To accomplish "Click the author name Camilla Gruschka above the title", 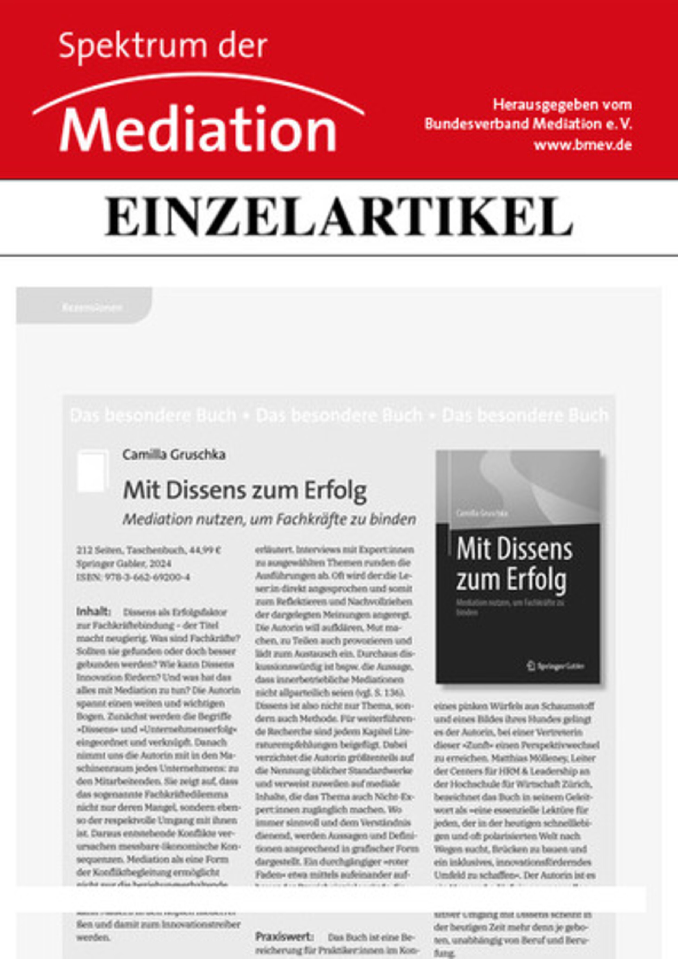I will coord(174,454).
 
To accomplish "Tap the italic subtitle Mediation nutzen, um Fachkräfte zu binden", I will coord(269,519).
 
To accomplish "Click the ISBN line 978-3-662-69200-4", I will coord(133,577).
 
